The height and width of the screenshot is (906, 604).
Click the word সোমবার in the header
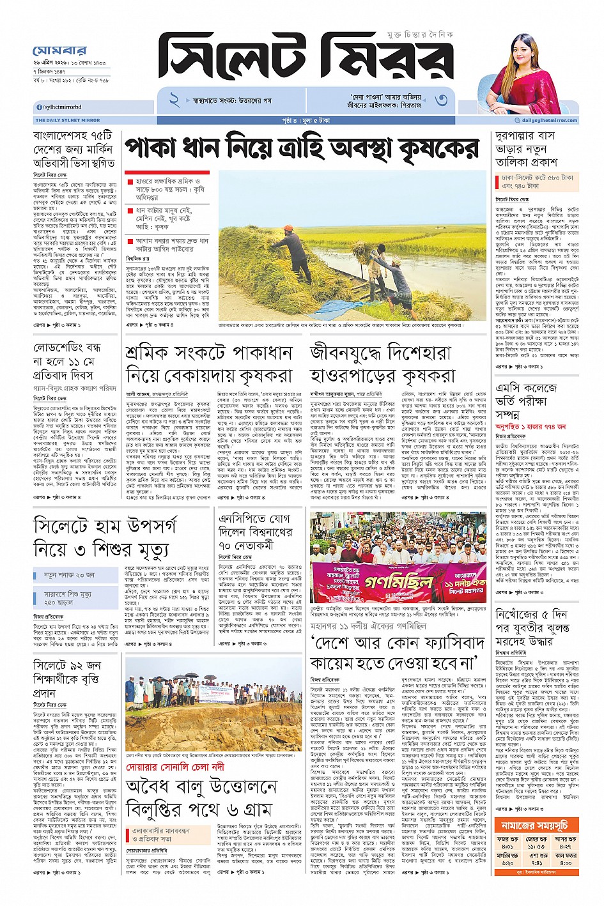(x=59, y=50)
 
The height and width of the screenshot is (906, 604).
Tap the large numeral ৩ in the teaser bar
(x=441, y=100)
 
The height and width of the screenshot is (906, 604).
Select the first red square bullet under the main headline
(x=130, y=182)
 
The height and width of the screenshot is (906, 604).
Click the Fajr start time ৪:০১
(x=508, y=847)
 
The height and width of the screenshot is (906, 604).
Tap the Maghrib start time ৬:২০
(x=508, y=863)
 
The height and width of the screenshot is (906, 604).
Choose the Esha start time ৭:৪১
(x=537, y=863)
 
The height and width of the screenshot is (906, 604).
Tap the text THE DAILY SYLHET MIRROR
(x=68, y=120)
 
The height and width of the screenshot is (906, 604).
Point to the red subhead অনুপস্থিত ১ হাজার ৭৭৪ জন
(x=531, y=426)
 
